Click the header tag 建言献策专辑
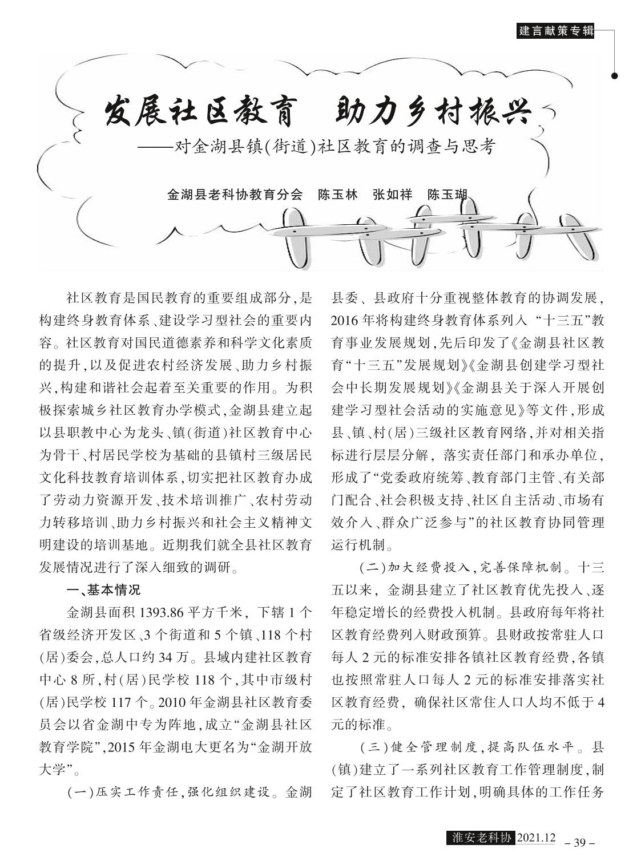tap(555, 31)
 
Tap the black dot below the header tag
tap(615, 75)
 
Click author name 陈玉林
tap(337, 194)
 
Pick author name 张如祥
tap(392, 194)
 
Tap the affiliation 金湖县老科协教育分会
tap(234, 194)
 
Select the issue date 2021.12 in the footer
tap(535, 838)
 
